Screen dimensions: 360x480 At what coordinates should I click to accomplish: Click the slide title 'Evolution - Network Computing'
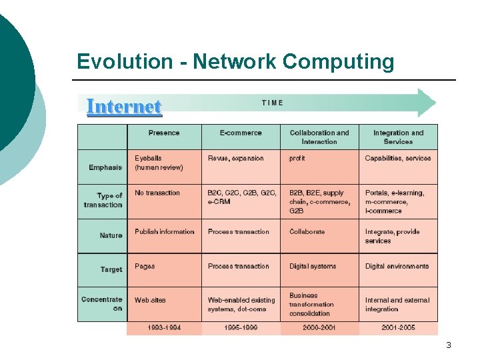pyautogui.click(x=235, y=62)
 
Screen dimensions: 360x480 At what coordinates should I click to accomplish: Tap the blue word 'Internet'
pyautogui.click(x=124, y=107)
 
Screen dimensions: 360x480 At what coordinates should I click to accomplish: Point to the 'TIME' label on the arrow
pyautogui.click(x=273, y=103)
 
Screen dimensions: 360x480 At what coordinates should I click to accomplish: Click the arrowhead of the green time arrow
pyautogui.click(x=427, y=103)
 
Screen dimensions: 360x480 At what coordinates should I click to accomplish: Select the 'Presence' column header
pyautogui.click(x=164, y=133)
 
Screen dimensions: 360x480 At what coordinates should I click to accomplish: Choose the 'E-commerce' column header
pyautogui.click(x=241, y=133)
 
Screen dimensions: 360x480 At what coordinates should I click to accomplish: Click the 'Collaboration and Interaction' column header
pyautogui.click(x=319, y=137)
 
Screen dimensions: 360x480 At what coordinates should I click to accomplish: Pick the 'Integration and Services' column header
pyautogui.click(x=398, y=137)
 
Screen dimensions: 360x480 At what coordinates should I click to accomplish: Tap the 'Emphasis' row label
pyautogui.click(x=105, y=167)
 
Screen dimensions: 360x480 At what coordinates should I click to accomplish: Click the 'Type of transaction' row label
pyautogui.click(x=103, y=200)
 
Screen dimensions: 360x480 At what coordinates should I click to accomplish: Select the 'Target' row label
pyautogui.click(x=111, y=269)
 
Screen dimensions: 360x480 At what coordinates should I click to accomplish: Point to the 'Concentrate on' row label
pyautogui.click(x=102, y=303)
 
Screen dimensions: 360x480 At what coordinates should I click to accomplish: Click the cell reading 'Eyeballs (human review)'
pyautogui.click(x=159, y=163)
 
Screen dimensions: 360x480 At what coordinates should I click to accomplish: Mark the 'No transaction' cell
pyautogui.click(x=157, y=193)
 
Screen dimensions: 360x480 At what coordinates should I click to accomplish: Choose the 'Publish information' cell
pyautogui.click(x=165, y=231)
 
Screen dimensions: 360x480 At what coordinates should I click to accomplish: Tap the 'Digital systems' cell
pyautogui.click(x=313, y=266)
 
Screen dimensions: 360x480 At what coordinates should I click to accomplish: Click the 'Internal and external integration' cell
pyautogui.click(x=397, y=304)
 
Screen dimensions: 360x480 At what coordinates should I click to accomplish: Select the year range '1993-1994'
pyautogui.click(x=164, y=328)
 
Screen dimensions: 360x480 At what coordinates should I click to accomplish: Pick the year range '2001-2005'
pyautogui.click(x=398, y=328)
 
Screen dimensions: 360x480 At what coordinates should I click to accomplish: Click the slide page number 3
pyautogui.click(x=449, y=345)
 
